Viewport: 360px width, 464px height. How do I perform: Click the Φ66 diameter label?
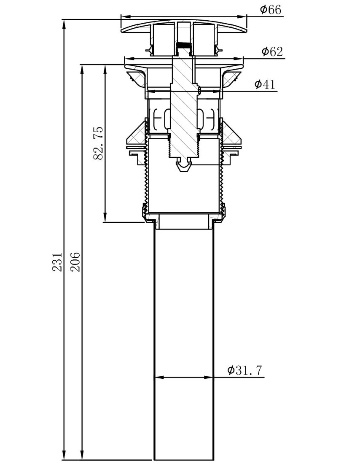(270, 9)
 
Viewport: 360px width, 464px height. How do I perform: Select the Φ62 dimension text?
(272, 51)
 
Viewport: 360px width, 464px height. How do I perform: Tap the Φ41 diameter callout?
(265, 84)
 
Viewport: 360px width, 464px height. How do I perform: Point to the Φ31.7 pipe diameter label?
(244, 370)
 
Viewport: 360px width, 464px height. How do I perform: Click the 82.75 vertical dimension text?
(98, 143)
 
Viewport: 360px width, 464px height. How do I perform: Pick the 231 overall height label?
(57, 262)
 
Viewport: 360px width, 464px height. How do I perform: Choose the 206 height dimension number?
(75, 262)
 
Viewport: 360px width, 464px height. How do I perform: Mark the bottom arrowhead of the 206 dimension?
(82, 456)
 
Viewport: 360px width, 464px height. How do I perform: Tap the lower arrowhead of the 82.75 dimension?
(105, 218)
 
